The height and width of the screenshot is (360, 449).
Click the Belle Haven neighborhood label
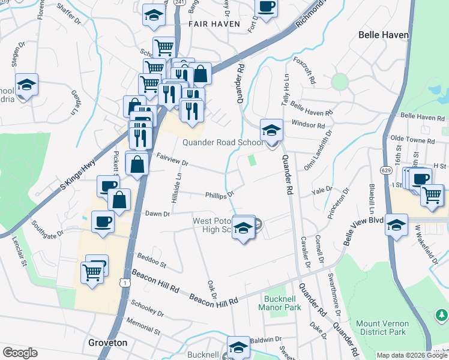pos(383,35)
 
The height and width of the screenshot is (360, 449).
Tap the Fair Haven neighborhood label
pos(214,24)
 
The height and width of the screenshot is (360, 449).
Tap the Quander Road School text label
pos(223,142)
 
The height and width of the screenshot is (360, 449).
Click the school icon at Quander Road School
pos(271,130)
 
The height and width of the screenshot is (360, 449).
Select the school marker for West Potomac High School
pos(243,227)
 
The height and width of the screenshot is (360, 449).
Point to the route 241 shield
pos(178,2)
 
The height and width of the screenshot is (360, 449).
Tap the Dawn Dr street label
pos(157,214)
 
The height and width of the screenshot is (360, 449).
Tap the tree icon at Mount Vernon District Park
pos(441,314)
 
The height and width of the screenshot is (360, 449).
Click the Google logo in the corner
pos(20,353)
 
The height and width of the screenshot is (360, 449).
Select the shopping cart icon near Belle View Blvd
pos(432,194)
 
